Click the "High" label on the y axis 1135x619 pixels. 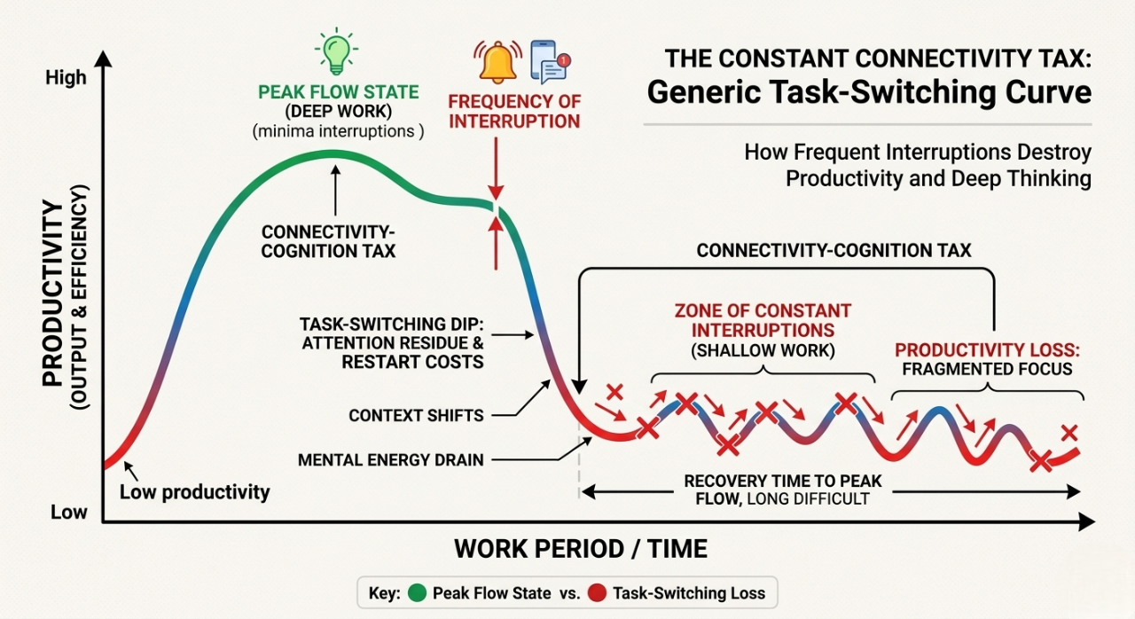tap(66, 78)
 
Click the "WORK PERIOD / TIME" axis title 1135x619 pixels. tap(581, 549)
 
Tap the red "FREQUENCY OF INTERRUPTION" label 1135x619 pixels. tap(514, 110)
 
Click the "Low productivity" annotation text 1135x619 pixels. tap(194, 492)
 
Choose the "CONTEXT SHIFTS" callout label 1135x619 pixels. tap(416, 415)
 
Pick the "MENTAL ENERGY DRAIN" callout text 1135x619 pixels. tap(391, 460)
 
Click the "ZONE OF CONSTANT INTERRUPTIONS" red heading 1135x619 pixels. tap(763, 321)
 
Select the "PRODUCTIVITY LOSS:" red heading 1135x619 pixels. tap(986, 349)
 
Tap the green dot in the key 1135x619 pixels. tap(416, 592)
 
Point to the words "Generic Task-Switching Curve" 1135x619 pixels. tap(869, 93)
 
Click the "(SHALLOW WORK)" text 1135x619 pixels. tap(763, 350)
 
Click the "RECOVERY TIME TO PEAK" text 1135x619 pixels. tap(782, 482)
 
